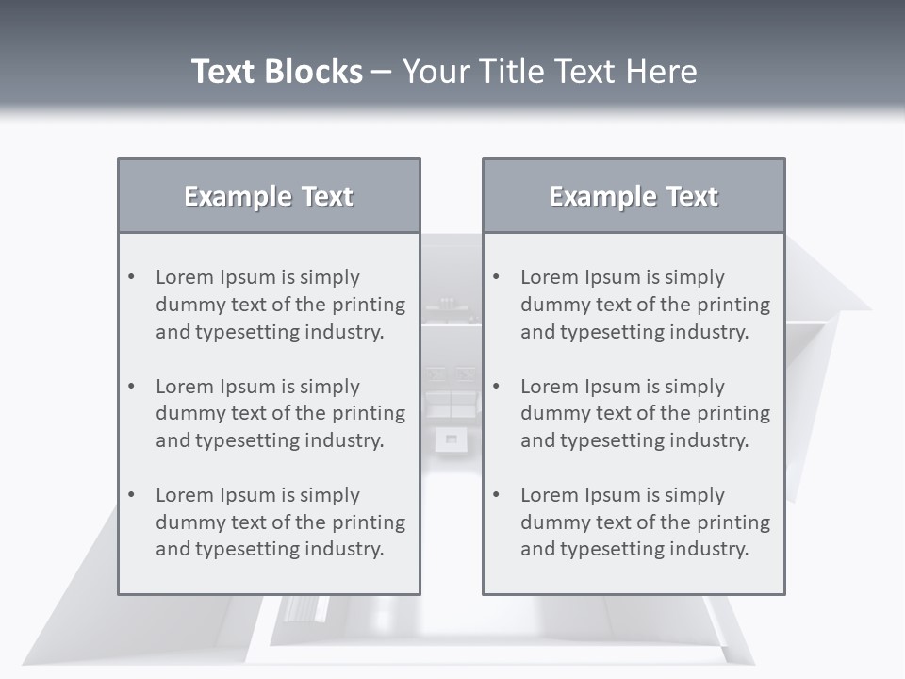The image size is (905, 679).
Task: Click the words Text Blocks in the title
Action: tap(276, 72)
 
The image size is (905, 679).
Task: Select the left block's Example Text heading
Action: tap(269, 196)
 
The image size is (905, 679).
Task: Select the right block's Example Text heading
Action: tap(633, 196)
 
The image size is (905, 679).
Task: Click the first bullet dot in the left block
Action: tap(132, 277)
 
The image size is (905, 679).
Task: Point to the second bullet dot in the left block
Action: tap(132, 387)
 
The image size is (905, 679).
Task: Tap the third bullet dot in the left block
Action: tap(132, 495)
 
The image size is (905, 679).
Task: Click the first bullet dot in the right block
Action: tap(497, 277)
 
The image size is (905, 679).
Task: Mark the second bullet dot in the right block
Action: tap(497, 387)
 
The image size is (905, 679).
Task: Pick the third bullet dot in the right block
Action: tap(497, 495)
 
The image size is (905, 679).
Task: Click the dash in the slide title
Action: tap(382, 72)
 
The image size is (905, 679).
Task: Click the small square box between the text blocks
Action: tap(451, 439)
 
